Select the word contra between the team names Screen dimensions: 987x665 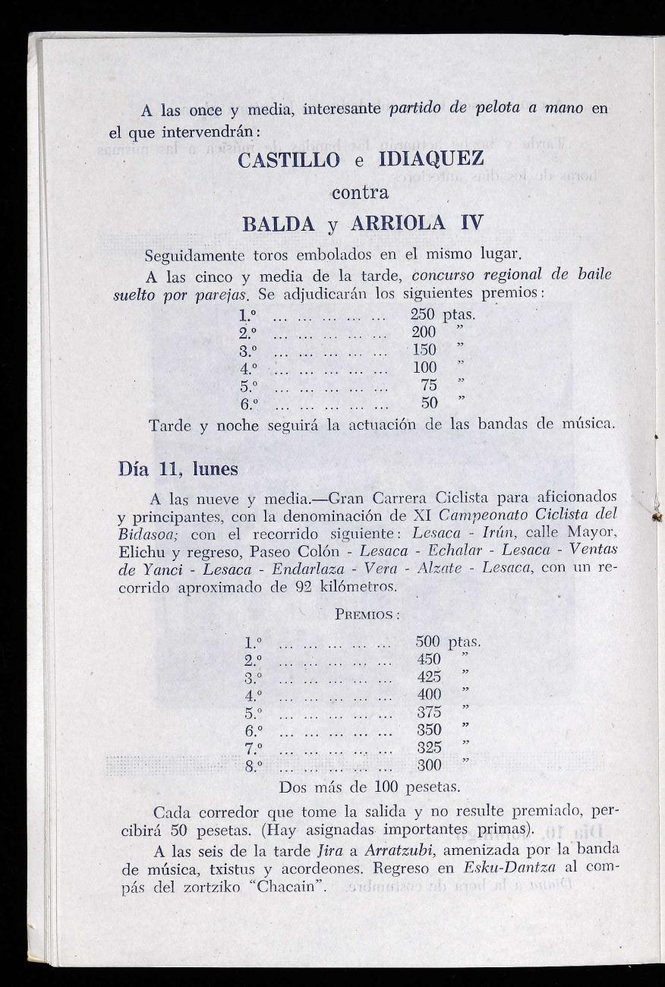[361, 192]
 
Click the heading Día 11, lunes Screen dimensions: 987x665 [178, 469]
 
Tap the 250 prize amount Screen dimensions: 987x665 [424, 314]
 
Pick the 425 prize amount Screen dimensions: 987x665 [430, 677]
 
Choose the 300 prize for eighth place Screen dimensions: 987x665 [430, 766]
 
